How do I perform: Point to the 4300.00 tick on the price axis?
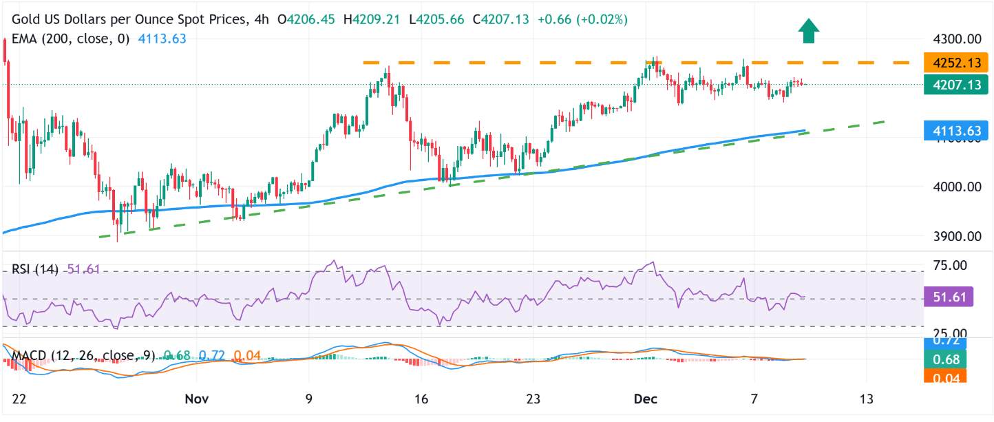click(x=956, y=39)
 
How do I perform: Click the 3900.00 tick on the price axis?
click(x=956, y=236)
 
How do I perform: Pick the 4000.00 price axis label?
click(x=956, y=187)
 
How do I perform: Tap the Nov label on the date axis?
click(x=197, y=399)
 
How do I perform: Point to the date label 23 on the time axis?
click(x=534, y=399)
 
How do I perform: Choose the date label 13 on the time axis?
click(x=867, y=399)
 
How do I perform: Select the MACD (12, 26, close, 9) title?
click(x=83, y=355)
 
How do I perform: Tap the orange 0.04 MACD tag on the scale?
click(x=947, y=376)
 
